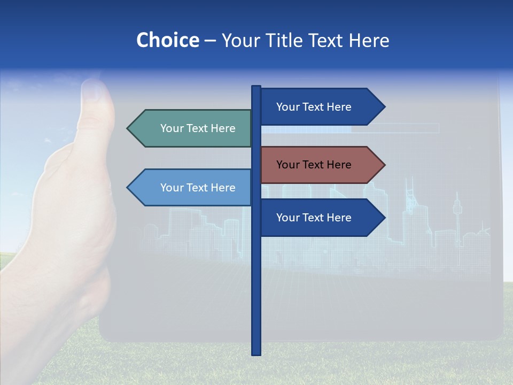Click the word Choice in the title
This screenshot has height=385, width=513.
(167, 40)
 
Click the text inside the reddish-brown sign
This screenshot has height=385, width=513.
(314, 165)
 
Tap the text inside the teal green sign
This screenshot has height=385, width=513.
(198, 128)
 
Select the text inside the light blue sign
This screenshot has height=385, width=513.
(198, 188)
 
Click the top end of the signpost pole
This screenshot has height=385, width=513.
(256, 88)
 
